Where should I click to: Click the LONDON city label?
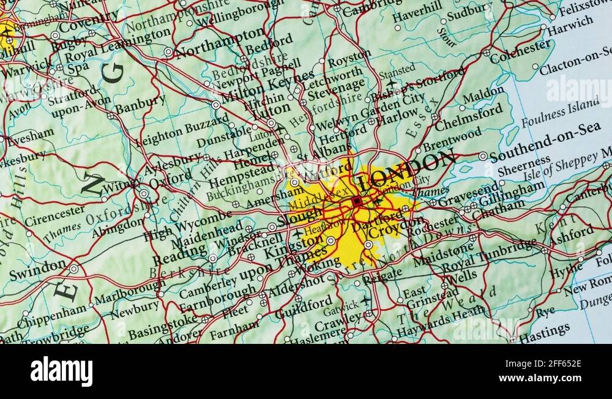[406, 171]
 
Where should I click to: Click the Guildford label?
[304, 307]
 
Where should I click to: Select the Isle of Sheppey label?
[567, 165]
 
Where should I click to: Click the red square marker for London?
[357, 201]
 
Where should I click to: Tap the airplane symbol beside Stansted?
[392, 83]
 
